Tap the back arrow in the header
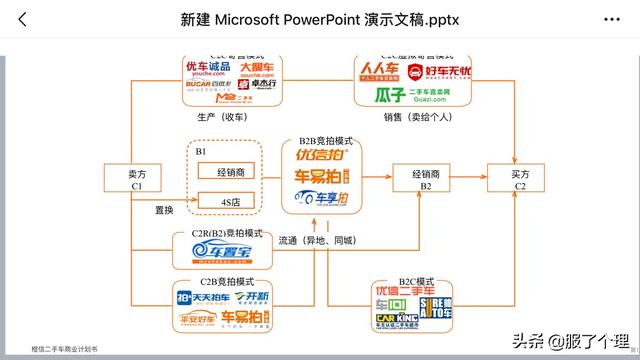[x=23, y=19]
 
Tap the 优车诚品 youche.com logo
[x=200, y=70]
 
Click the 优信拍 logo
[x=321, y=156]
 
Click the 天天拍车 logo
[x=201, y=298]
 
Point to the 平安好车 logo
[x=198, y=319]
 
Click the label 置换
[x=164, y=211]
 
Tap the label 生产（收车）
[x=225, y=116]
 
